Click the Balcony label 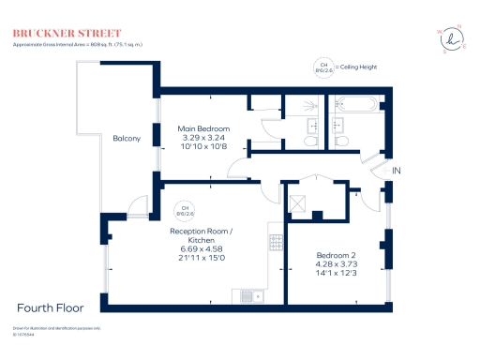(x=127, y=139)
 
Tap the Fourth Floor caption (x=51, y=307)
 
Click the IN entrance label (x=397, y=171)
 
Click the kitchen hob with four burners (x=277, y=242)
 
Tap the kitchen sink (x=249, y=297)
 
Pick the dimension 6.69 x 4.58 (x=205, y=248)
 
